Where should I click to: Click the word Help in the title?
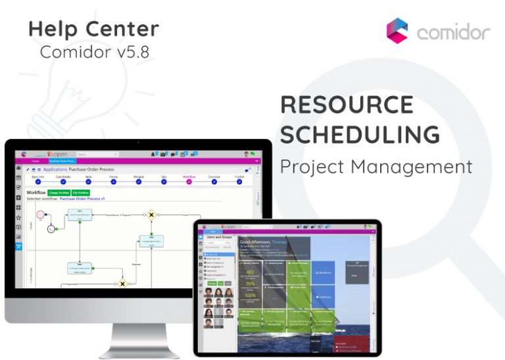[52, 29]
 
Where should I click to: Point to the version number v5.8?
[135, 52]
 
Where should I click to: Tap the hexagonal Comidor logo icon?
[397, 30]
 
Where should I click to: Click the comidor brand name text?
[453, 32]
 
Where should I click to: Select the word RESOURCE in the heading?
[347, 105]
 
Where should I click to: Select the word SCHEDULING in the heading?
[360, 134]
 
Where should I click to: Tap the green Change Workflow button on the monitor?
[59, 193]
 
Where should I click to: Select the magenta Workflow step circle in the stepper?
[189, 181]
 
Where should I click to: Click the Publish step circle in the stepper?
[239, 181]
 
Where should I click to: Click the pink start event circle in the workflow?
[41, 214]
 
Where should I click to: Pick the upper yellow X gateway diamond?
[151, 215]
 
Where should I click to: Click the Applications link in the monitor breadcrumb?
[55, 169]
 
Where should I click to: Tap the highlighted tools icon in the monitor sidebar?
[19, 246]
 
